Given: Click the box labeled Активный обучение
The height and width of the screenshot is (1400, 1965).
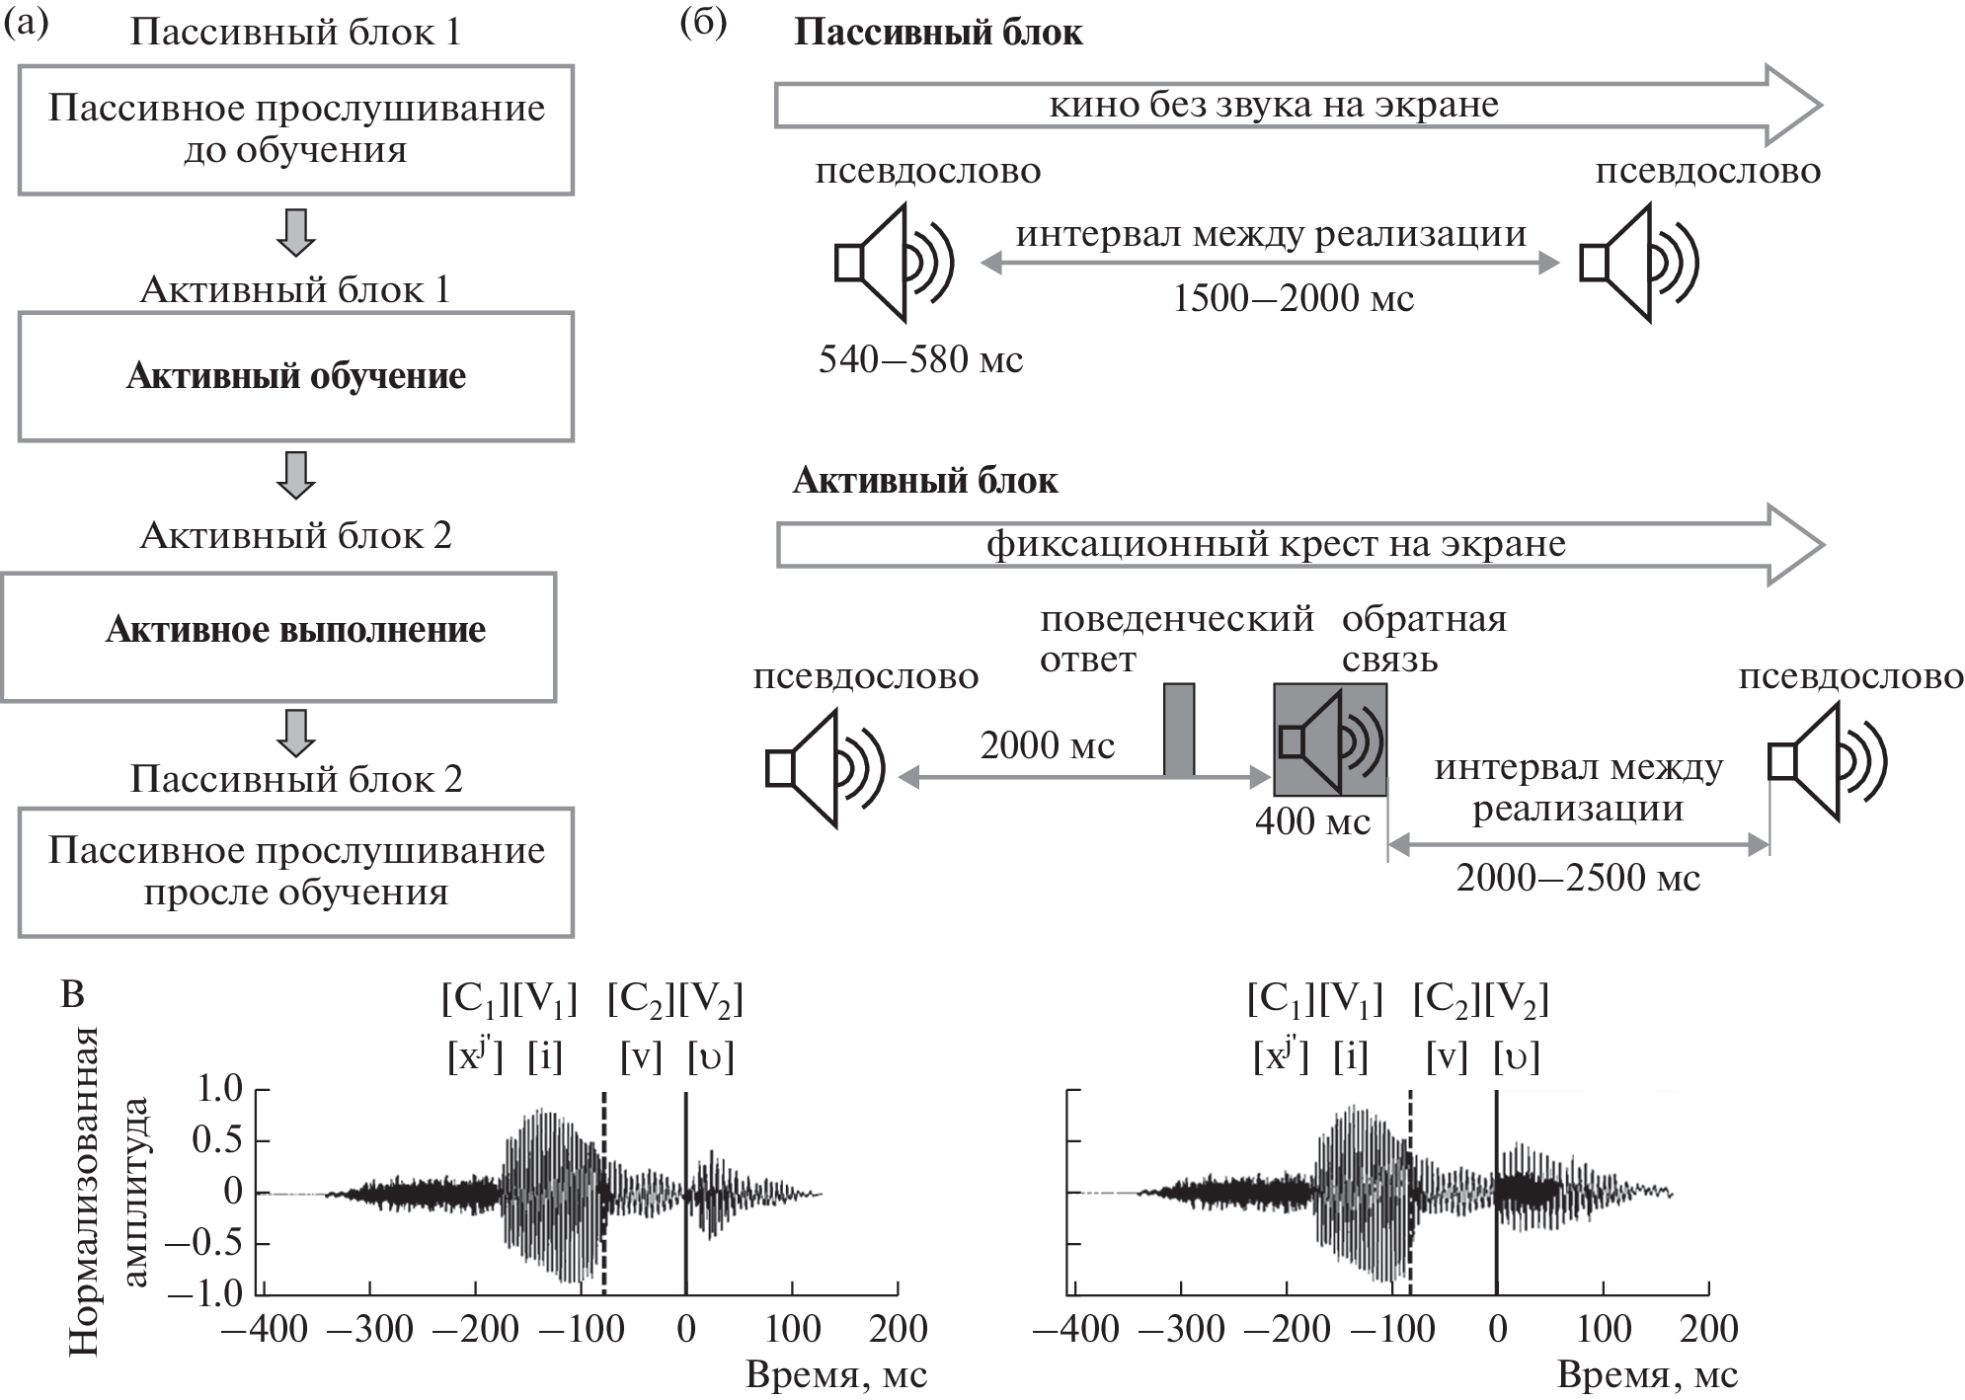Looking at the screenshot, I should tap(295, 377).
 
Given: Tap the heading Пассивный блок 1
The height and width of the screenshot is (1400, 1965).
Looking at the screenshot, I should tap(295, 33).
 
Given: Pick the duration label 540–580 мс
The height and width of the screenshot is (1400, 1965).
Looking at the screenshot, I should tap(920, 359).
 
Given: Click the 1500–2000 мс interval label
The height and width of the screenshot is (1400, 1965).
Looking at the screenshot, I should tap(1294, 297).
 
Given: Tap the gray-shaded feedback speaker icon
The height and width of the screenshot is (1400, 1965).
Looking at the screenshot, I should tap(1330, 739).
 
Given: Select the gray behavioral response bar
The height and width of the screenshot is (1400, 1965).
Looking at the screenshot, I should tap(1179, 730).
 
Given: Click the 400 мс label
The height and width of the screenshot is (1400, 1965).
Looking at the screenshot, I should tap(1312, 821).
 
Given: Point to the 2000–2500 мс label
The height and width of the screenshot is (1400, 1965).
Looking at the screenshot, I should tap(1578, 877).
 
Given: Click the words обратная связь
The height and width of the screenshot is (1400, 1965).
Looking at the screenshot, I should tap(1424, 639).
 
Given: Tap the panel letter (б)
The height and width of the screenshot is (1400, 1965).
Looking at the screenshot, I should tap(704, 24).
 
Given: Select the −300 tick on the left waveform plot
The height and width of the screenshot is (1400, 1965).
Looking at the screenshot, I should tap(369, 1329).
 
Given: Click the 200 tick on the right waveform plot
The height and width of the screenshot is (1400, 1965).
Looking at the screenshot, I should tap(1709, 1329).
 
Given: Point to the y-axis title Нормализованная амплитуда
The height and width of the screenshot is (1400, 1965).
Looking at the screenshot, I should tap(108, 1191).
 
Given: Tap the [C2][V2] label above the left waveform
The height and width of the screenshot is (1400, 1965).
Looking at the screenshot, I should tap(675, 1000).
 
